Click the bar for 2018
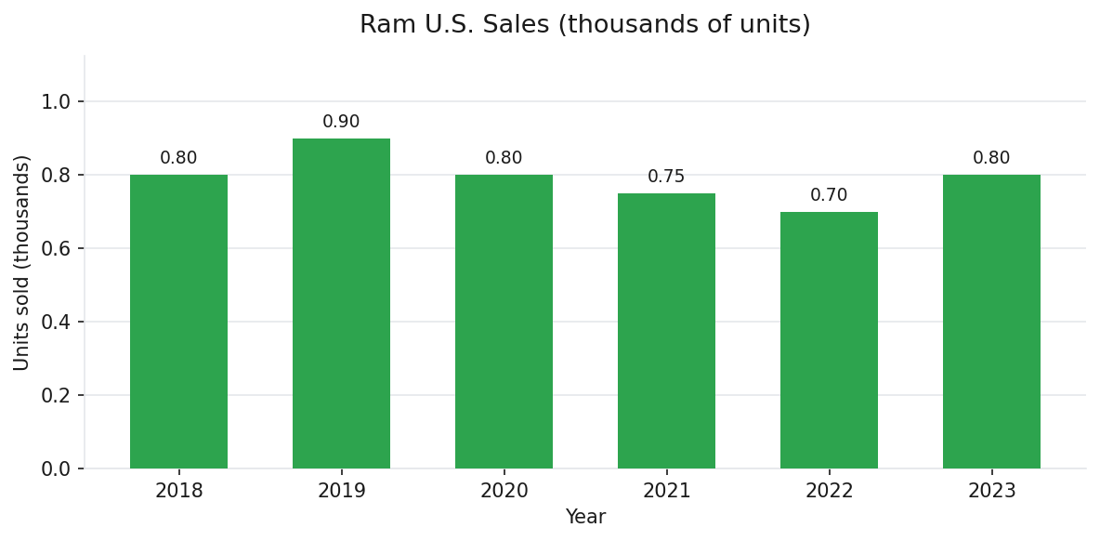178,322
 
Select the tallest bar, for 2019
341,303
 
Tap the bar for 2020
504,322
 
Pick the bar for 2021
666,331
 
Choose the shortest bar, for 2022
829,340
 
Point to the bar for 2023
991,322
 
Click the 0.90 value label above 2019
341,122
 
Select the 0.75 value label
666,177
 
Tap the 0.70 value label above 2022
829,195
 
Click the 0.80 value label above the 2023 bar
991,158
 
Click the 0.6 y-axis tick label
56,248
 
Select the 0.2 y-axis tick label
56,395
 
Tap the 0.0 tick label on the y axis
56,468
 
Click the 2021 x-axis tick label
666,491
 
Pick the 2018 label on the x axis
178,491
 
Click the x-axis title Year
585,518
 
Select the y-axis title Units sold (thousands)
22,262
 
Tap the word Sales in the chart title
517,25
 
